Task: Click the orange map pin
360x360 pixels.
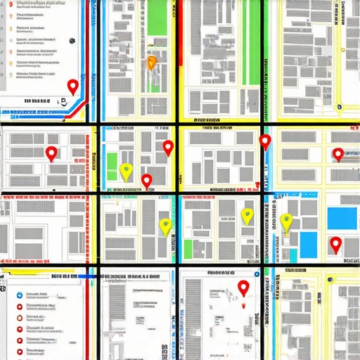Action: (x=151, y=63)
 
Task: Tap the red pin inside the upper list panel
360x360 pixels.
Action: (x=72, y=86)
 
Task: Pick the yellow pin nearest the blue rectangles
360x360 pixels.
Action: (x=285, y=223)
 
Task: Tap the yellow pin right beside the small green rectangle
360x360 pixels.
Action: (x=126, y=171)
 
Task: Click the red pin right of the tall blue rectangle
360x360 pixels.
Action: (x=335, y=245)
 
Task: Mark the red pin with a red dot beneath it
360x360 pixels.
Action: (x=243, y=288)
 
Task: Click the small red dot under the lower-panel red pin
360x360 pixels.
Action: (x=244, y=307)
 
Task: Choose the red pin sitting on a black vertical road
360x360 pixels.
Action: (x=264, y=142)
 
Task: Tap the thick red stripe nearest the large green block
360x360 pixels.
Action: (x=178, y=42)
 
